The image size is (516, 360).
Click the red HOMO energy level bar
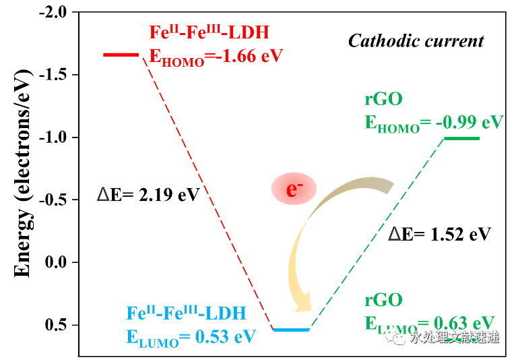pos(121,54)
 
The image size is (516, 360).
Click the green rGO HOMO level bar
pos(461,138)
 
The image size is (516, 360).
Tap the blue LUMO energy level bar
pos(291,330)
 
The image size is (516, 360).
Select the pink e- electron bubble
pos(293,189)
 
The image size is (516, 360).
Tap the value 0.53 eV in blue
pos(225,336)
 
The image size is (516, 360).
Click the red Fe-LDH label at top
pos(209,32)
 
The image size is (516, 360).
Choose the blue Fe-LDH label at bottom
pos(187,313)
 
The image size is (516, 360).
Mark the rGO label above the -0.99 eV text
pos(383,99)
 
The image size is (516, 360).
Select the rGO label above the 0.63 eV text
pos(383,300)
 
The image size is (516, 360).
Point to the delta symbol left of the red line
pos(103,195)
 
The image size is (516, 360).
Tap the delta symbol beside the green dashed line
pos(395,234)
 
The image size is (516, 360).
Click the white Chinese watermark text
pos(455,337)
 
